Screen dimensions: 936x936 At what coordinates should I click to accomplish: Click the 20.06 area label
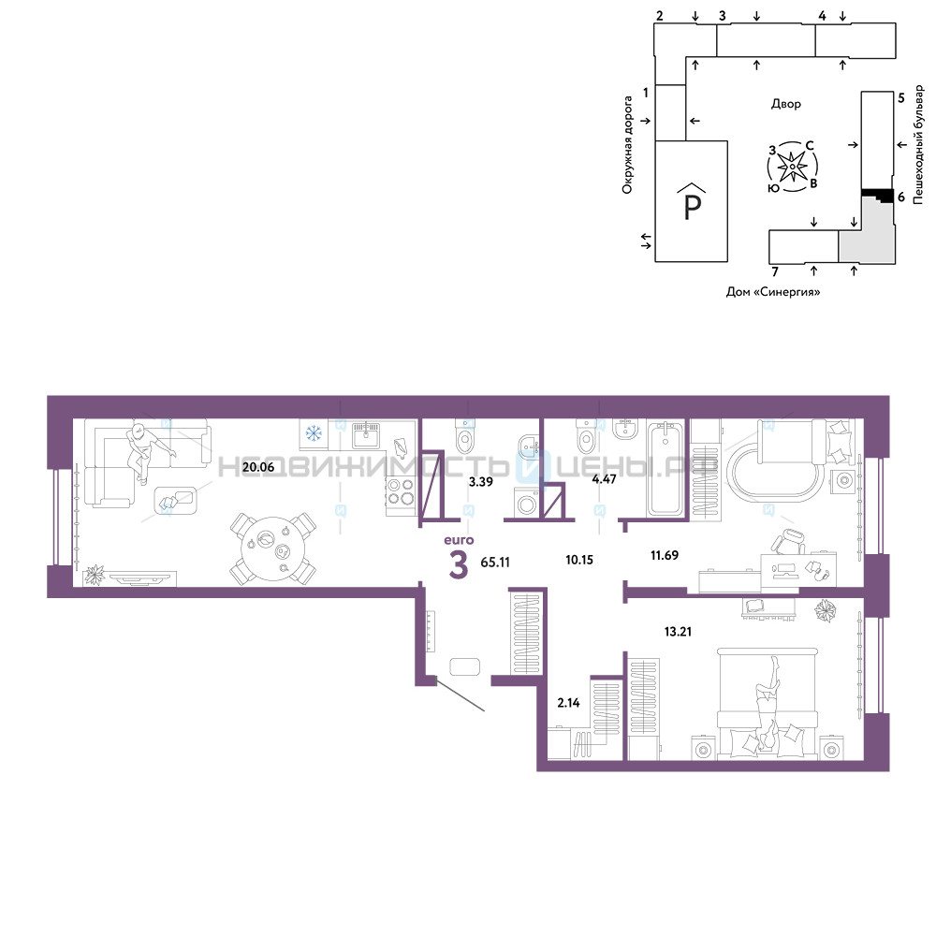click(258, 467)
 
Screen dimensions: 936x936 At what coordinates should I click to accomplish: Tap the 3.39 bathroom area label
click(480, 482)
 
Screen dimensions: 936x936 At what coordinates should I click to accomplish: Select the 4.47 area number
click(604, 478)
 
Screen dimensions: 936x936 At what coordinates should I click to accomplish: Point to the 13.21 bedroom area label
click(678, 631)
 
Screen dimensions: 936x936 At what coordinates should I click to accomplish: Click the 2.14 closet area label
click(568, 703)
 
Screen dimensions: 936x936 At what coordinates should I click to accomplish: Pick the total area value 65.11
click(495, 563)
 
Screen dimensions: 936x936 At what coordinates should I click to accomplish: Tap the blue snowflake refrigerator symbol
click(314, 432)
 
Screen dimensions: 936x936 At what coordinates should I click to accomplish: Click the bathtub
click(665, 468)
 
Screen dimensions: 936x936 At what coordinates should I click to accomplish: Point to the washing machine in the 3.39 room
click(527, 503)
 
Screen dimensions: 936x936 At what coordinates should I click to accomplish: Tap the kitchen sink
click(365, 436)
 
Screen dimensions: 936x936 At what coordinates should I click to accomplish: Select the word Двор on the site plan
click(785, 104)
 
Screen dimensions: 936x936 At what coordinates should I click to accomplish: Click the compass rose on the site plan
click(792, 167)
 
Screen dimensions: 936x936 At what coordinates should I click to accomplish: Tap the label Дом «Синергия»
click(773, 292)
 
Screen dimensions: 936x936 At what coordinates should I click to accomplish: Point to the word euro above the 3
click(459, 540)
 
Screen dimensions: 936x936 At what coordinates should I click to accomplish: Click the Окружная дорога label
click(627, 145)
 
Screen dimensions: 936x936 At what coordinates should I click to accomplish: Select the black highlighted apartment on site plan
click(878, 195)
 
